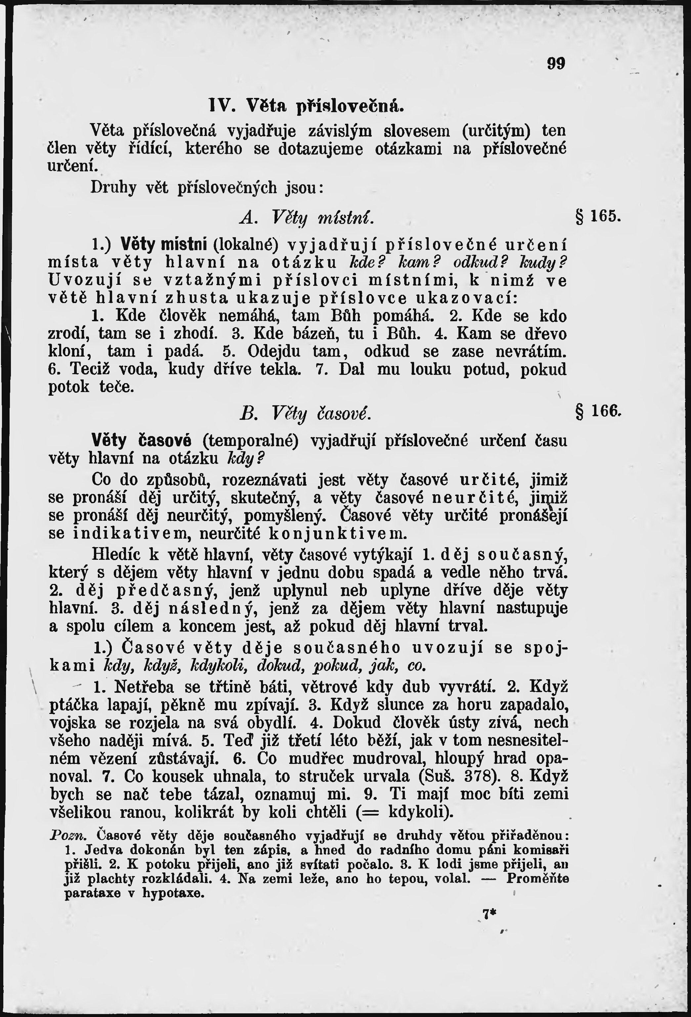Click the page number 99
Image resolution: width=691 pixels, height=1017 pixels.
tap(556, 64)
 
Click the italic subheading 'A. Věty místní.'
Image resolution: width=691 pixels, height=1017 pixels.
tap(306, 217)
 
